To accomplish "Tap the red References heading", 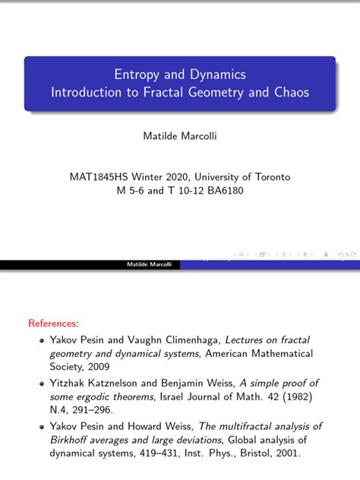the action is click(x=53, y=324).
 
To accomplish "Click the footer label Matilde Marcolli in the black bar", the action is click(x=150, y=265).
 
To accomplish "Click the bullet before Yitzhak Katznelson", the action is click(x=43, y=384).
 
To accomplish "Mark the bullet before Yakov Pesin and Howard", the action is click(x=43, y=427).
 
